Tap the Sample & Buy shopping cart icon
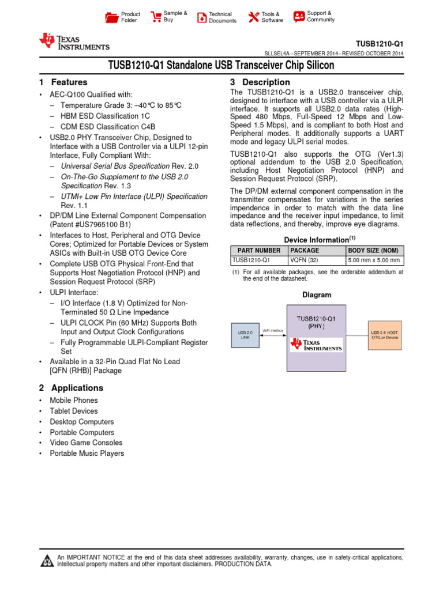point(156,17)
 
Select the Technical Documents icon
point(201,17)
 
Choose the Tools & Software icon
point(253,17)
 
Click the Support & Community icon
point(299,17)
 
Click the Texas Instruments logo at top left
point(74,42)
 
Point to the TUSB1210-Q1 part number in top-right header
point(379,44)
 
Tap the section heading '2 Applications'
point(71,388)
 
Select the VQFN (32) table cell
point(303,260)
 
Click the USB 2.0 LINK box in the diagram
point(245,335)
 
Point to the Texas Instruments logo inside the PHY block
point(317,345)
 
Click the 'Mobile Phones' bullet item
point(74,400)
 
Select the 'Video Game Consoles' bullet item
point(86,443)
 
